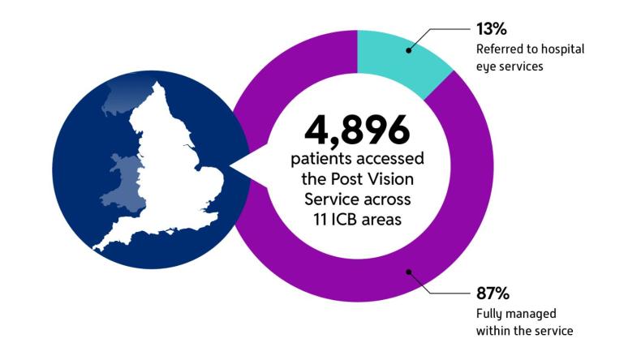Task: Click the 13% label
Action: coord(492,30)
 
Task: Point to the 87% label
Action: coord(492,292)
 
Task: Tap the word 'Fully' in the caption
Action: coord(489,313)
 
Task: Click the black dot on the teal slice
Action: coord(408,50)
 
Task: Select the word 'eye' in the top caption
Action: coord(487,66)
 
